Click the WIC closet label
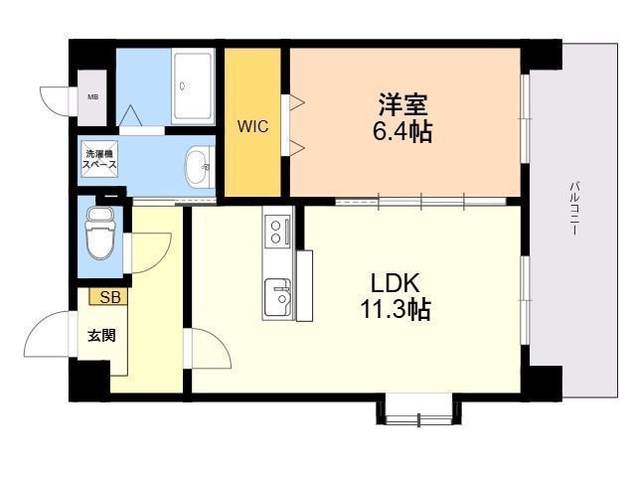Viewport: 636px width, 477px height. pyautogui.click(x=252, y=126)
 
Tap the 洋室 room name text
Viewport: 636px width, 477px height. pyautogui.click(x=402, y=104)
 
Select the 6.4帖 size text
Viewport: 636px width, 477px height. pyautogui.click(x=401, y=131)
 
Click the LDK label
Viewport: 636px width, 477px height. pyautogui.click(x=396, y=283)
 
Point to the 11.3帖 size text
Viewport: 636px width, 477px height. pyautogui.click(x=395, y=310)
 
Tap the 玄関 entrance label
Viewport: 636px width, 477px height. pyautogui.click(x=102, y=336)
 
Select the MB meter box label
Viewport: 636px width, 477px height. pyautogui.click(x=93, y=97)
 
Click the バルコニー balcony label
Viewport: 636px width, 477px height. pyautogui.click(x=574, y=208)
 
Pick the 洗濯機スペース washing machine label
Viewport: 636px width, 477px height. pyautogui.click(x=99, y=159)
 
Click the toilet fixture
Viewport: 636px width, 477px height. pyautogui.click(x=100, y=233)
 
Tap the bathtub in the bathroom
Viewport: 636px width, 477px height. pyautogui.click(x=193, y=86)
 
